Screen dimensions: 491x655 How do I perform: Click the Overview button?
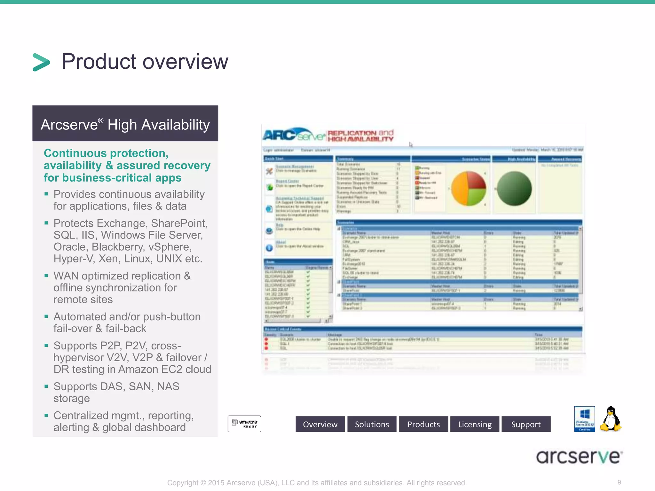pos(320,424)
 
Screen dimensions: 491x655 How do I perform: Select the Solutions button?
pos(372,424)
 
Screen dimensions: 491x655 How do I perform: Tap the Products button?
pos(423,424)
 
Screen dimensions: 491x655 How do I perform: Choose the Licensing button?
pos(475,424)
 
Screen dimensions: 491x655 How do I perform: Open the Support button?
pos(526,424)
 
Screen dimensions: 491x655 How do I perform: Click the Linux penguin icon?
pos(610,419)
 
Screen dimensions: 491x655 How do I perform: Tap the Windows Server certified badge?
pos(584,419)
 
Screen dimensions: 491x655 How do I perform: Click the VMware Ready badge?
pos(244,424)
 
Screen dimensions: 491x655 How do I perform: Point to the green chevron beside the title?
pos(41,62)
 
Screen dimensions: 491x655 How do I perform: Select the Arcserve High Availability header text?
pos(125,125)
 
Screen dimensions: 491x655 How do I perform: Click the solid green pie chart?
pos(514,189)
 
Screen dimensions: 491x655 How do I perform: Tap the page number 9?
pos(619,482)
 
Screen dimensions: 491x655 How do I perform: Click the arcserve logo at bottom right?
pos(579,456)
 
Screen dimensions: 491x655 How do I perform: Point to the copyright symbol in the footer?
pos(203,483)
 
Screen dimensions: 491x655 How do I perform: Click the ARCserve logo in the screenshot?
pos(294,135)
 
